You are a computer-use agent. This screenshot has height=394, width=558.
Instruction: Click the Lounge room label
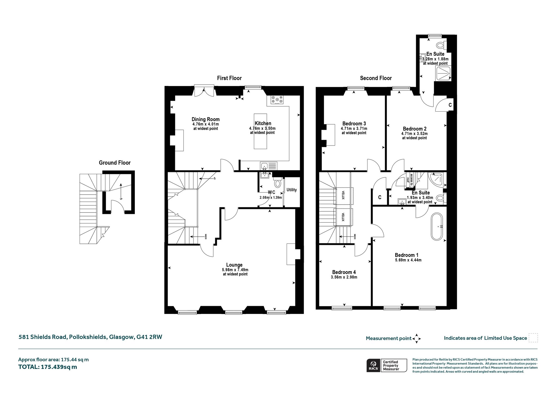pos(234,265)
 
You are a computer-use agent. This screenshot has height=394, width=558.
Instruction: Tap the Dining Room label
pos(205,119)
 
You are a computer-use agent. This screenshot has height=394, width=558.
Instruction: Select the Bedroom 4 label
pos(344,272)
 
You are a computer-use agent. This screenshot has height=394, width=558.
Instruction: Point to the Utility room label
pos(292,190)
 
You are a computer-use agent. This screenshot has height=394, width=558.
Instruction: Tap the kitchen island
pos(260,131)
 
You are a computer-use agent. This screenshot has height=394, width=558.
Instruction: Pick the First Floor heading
pos(229,78)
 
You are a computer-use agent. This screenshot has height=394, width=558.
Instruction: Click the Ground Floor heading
pos(115,163)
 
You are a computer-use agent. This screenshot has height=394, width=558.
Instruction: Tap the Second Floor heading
pos(376,78)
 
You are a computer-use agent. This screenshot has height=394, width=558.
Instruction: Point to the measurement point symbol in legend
pos(417,338)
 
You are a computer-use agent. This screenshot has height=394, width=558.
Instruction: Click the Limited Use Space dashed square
pos(533,338)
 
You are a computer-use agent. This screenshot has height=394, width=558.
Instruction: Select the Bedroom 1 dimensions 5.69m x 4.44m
pos(408,260)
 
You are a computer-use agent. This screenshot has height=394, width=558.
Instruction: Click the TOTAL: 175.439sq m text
pos(48,367)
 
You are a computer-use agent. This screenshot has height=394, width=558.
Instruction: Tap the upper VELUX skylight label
pos(343,196)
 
